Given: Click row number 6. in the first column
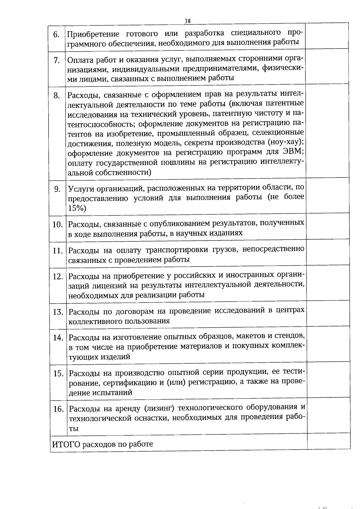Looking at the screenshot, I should coord(56,34).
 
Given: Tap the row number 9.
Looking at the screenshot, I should coord(57,189).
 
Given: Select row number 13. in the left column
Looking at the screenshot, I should coord(58,312).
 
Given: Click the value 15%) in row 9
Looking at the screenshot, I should coord(77,208).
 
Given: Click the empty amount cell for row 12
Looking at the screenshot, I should coord(328,283).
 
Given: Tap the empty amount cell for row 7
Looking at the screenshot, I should coord(328,68).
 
